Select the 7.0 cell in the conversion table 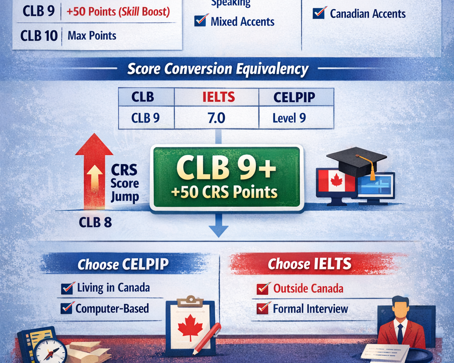tap(216, 118)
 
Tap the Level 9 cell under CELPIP tap(289, 118)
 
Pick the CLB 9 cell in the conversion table tap(146, 118)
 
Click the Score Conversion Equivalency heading tap(218, 69)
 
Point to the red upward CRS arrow tap(94, 173)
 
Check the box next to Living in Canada tap(68, 289)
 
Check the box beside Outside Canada tap(263, 289)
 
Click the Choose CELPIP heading tap(123, 264)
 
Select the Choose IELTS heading tap(309, 264)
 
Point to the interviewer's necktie tap(400, 333)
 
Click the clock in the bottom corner tap(50, 351)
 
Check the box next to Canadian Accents tap(319, 13)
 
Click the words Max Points tap(92, 35)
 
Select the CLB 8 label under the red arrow tap(95, 222)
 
